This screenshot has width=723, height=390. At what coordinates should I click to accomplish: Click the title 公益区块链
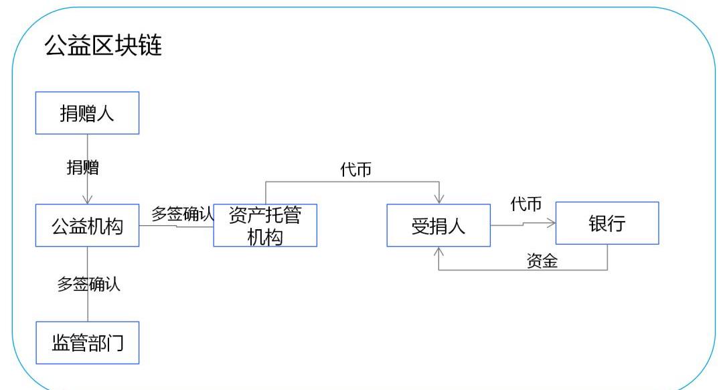102,46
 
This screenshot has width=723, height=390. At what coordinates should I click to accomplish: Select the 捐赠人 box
87,113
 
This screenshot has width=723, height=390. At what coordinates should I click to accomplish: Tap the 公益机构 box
87,226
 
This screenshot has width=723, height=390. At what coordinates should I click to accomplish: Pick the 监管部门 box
87,343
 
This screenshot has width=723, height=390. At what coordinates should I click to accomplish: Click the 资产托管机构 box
265,226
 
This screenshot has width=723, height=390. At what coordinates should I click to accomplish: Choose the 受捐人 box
438,226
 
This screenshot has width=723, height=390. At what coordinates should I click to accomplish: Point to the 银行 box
607,223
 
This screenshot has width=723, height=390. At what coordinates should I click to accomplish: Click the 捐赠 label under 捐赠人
82,168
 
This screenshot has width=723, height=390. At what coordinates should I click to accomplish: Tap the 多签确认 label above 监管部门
88,283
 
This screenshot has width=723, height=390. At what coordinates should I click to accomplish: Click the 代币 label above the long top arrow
355,171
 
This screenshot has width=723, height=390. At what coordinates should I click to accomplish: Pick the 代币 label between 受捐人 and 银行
526,204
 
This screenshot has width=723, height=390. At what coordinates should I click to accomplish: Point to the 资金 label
542,261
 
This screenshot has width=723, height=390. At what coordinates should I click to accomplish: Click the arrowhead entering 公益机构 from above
88,200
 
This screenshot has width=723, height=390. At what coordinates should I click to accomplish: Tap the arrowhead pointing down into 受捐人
439,199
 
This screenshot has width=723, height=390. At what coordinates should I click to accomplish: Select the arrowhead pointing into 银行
552,223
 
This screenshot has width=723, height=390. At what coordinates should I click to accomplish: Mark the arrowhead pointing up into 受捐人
439,251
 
